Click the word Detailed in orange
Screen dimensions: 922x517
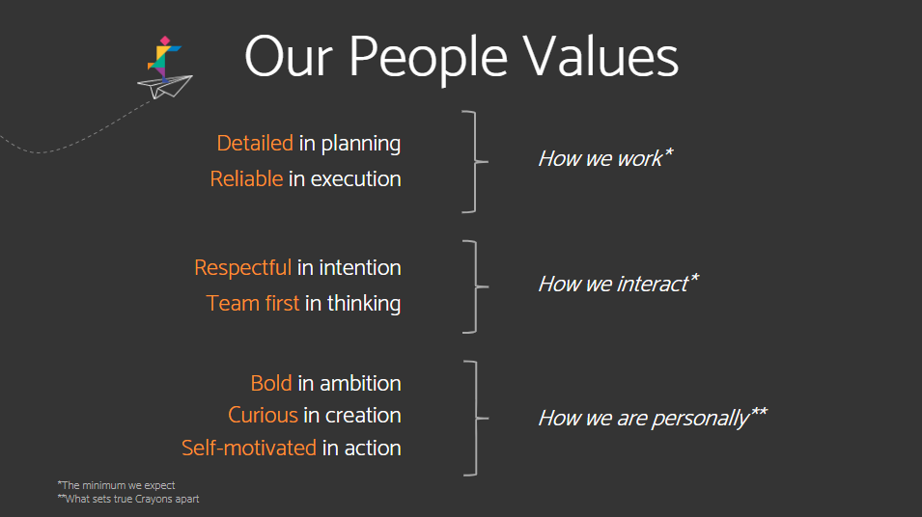(x=255, y=144)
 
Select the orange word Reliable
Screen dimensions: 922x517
(x=246, y=178)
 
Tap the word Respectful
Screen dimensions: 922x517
(x=243, y=268)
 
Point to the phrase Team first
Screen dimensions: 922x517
(x=253, y=303)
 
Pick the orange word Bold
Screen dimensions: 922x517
(x=271, y=383)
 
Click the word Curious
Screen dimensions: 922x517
(x=263, y=416)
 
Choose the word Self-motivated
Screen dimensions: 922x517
(x=249, y=449)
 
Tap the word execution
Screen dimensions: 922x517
(x=355, y=179)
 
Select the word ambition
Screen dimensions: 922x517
(x=360, y=384)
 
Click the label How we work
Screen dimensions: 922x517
(x=605, y=158)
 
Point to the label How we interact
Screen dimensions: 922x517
(x=618, y=284)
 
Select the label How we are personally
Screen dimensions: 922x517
(x=652, y=418)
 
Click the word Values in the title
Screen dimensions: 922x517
(x=601, y=57)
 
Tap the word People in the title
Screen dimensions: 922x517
(x=428, y=59)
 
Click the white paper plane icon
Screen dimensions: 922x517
(x=165, y=87)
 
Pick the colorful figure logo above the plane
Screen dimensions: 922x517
(x=164, y=58)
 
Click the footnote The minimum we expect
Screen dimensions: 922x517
(x=117, y=485)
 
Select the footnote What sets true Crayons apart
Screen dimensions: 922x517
(x=128, y=499)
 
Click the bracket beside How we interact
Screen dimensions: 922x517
(x=476, y=286)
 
